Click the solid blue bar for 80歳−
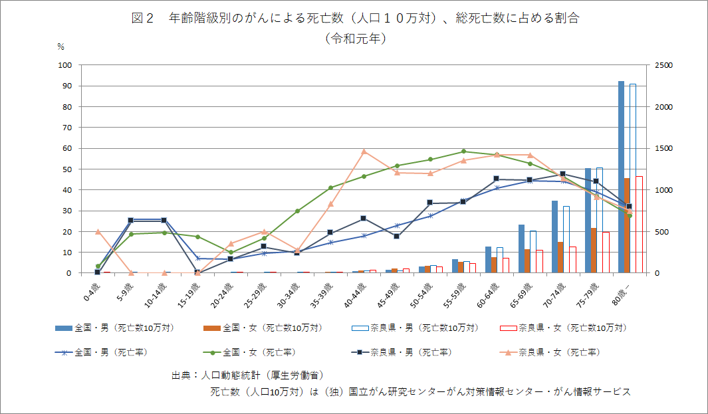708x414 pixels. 621,177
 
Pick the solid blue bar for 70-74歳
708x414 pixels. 554,237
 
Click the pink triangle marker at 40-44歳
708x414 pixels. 364,152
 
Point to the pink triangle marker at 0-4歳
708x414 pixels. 98,232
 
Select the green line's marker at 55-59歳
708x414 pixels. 463,152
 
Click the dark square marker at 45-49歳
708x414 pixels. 397,236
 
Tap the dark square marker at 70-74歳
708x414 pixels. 563,174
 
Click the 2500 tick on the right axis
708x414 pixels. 663,65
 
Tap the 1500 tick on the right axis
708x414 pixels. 663,148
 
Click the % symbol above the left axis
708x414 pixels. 60,47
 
